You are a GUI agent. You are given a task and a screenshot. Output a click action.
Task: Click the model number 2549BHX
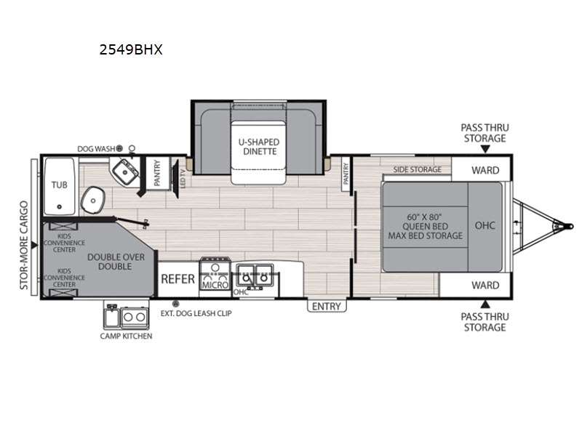point(131,49)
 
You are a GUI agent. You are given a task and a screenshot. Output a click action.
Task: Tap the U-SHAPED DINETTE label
point(259,147)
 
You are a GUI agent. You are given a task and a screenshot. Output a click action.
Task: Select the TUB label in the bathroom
point(60,185)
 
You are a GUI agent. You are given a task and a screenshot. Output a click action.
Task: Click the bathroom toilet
point(92,201)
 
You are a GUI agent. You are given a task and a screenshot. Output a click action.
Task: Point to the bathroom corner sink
point(125,171)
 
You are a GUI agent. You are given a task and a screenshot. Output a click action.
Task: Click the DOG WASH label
point(96,149)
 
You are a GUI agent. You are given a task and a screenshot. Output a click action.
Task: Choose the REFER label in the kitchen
point(178,279)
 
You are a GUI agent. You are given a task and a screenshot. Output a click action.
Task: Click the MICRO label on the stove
point(215,285)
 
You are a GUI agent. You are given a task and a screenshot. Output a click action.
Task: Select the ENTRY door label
point(327,306)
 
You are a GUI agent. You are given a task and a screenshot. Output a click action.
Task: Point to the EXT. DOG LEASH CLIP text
point(196,313)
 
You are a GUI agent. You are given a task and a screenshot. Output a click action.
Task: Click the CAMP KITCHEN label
point(126,336)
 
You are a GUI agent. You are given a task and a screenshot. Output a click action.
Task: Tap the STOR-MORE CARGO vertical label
point(24,245)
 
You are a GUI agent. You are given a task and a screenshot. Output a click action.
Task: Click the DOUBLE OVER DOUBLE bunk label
point(116,262)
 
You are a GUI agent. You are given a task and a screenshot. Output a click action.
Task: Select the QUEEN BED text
point(425,227)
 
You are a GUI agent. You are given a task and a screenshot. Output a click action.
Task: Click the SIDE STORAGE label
point(417,170)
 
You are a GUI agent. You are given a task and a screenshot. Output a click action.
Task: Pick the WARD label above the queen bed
point(485,171)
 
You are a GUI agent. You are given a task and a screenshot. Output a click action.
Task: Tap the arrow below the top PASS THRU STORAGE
point(485,149)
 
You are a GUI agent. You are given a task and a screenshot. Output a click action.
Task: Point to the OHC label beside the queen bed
point(485,225)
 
